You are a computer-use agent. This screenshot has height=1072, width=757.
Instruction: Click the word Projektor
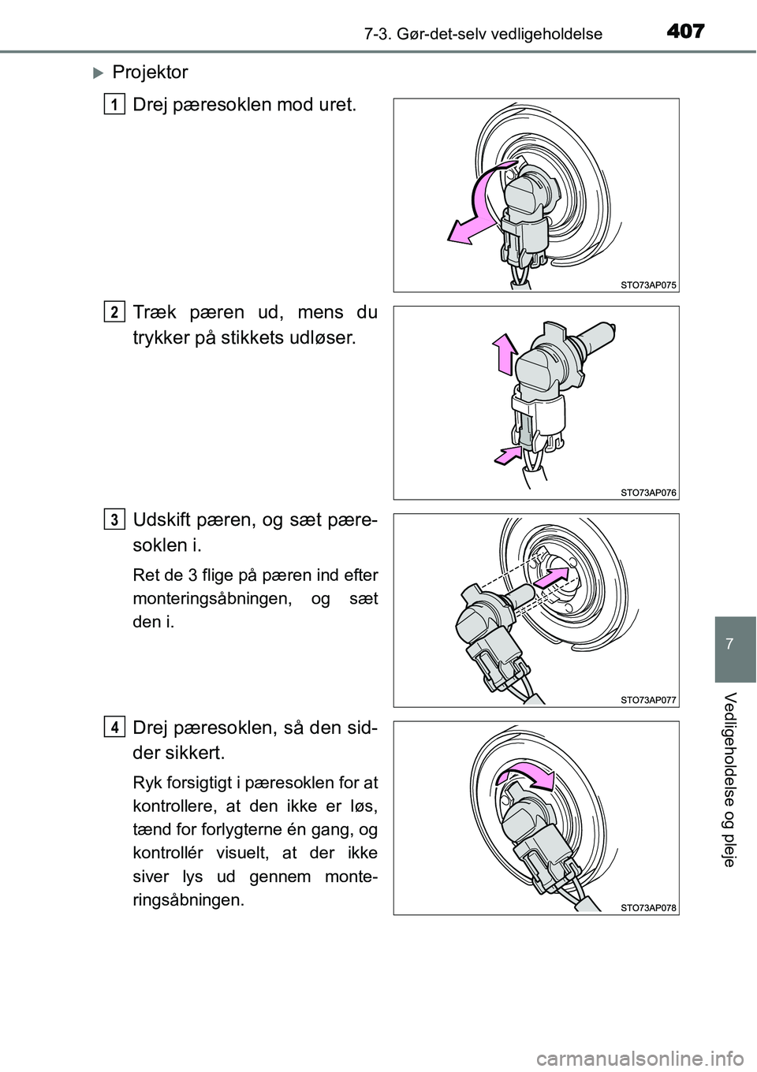pyautogui.click(x=150, y=73)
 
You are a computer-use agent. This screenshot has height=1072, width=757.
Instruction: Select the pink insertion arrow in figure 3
pyautogui.click(x=550, y=580)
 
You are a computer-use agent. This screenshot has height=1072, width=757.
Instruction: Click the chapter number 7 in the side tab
pyautogui.click(x=735, y=643)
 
